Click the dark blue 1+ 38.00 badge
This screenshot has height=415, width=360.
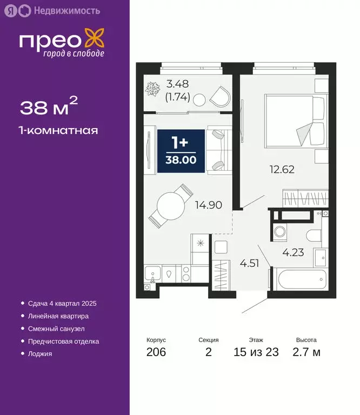pyautogui.click(x=181, y=151)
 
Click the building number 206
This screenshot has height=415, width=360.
pyautogui.click(x=156, y=352)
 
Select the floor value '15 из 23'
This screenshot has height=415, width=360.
pyautogui.click(x=256, y=352)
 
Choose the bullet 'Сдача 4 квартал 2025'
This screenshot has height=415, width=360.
pyautogui.click(x=62, y=304)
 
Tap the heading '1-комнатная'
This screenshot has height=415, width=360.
pyautogui.click(x=59, y=130)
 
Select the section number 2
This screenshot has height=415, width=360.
pyautogui.click(x=208, y=352)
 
